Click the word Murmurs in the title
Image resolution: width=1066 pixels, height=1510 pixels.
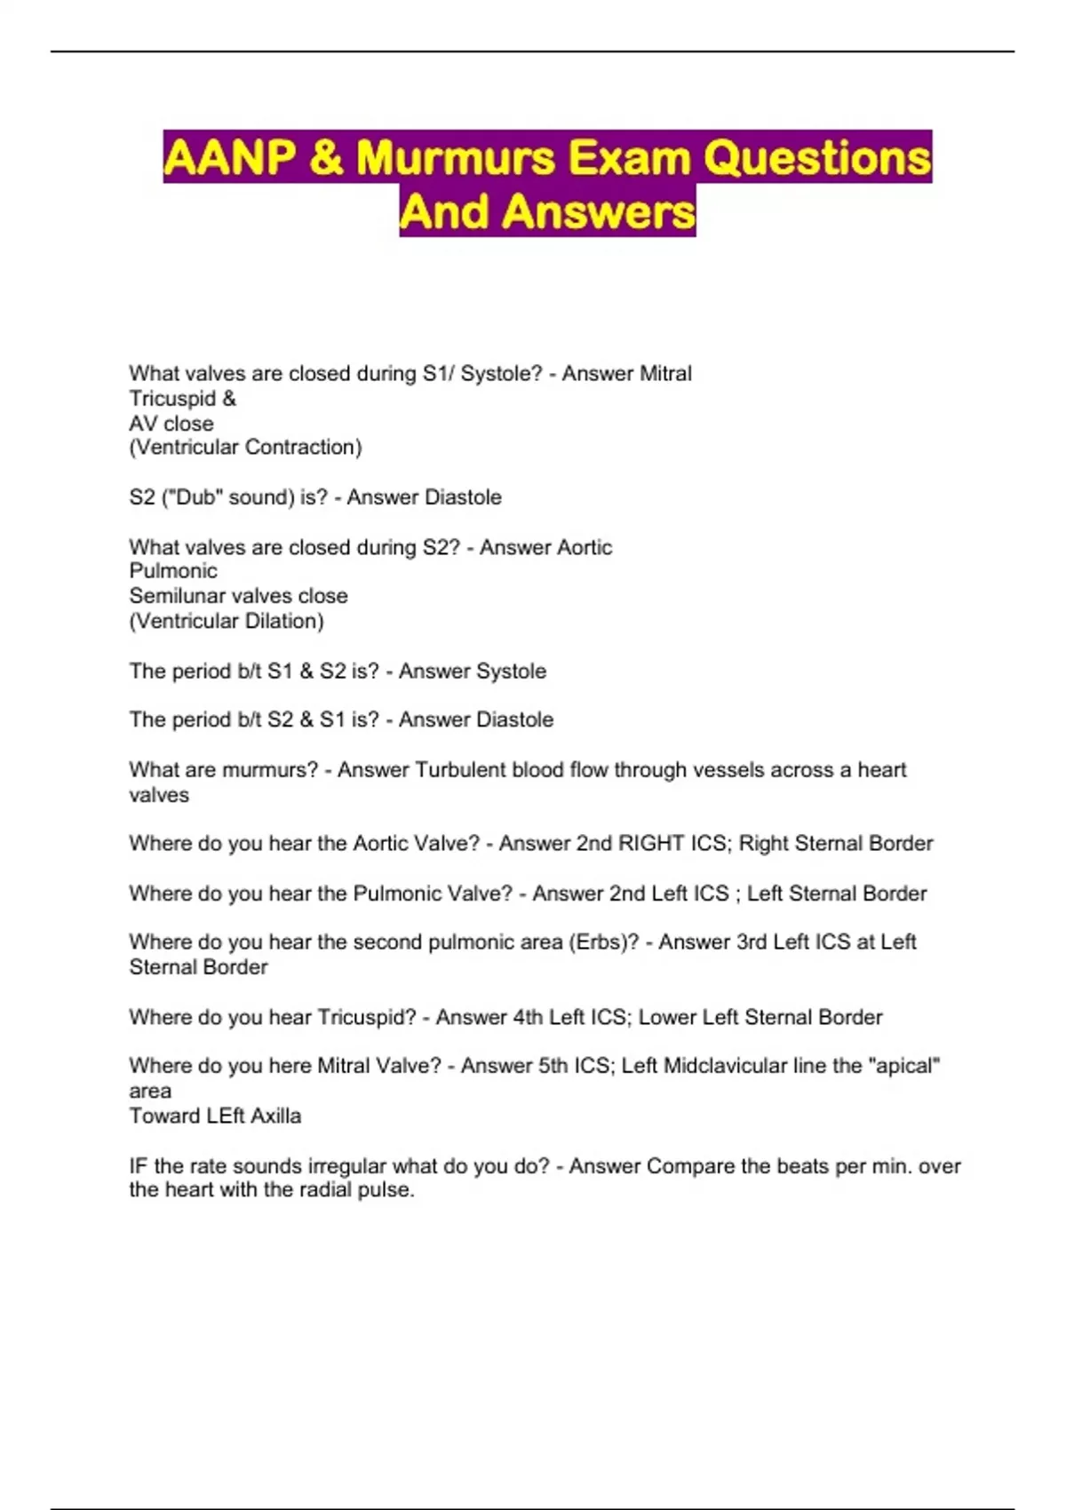[x=454, y=158]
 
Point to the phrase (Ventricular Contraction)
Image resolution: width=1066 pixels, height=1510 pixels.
[x=245, y=448]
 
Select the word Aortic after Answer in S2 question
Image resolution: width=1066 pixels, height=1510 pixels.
[x=577, y=547]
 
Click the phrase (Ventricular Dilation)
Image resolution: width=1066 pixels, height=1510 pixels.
[x=227, y=621]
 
